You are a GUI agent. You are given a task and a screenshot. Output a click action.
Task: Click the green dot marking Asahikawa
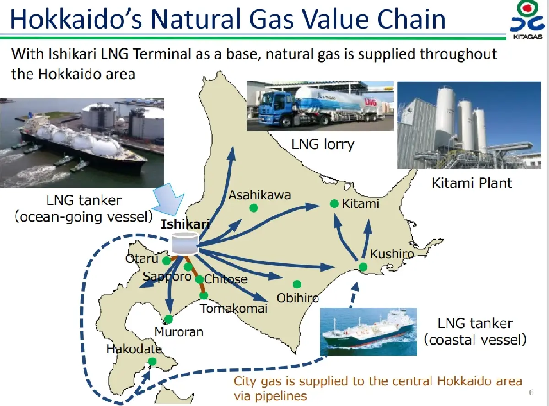coord(253,208)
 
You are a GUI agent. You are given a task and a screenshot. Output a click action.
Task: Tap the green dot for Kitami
coord(334,203)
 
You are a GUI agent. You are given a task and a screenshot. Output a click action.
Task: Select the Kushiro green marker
coord(363,267)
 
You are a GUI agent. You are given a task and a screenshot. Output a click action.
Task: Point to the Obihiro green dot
coord(297,284)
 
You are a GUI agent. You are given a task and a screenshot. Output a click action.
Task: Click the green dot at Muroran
coord(169,319)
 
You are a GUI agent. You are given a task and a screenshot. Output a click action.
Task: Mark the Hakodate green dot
coord(152,362)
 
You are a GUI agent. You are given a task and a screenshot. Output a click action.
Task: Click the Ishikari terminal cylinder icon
coord(185,243)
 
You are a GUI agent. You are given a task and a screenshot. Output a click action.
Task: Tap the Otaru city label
coord(142,259)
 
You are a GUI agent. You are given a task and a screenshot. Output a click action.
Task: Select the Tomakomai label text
coord(234,308)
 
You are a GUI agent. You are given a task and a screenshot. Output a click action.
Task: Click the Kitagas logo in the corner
coord(528,21)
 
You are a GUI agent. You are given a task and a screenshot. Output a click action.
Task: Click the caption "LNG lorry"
coord(323,144)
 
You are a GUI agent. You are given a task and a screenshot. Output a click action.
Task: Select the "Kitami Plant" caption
coord(472,183)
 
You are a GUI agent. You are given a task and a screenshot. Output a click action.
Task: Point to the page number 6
coord(531,392)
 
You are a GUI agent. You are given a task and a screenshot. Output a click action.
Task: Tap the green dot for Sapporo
coord(188,267)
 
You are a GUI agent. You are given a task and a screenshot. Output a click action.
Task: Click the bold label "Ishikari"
coord(185,224)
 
